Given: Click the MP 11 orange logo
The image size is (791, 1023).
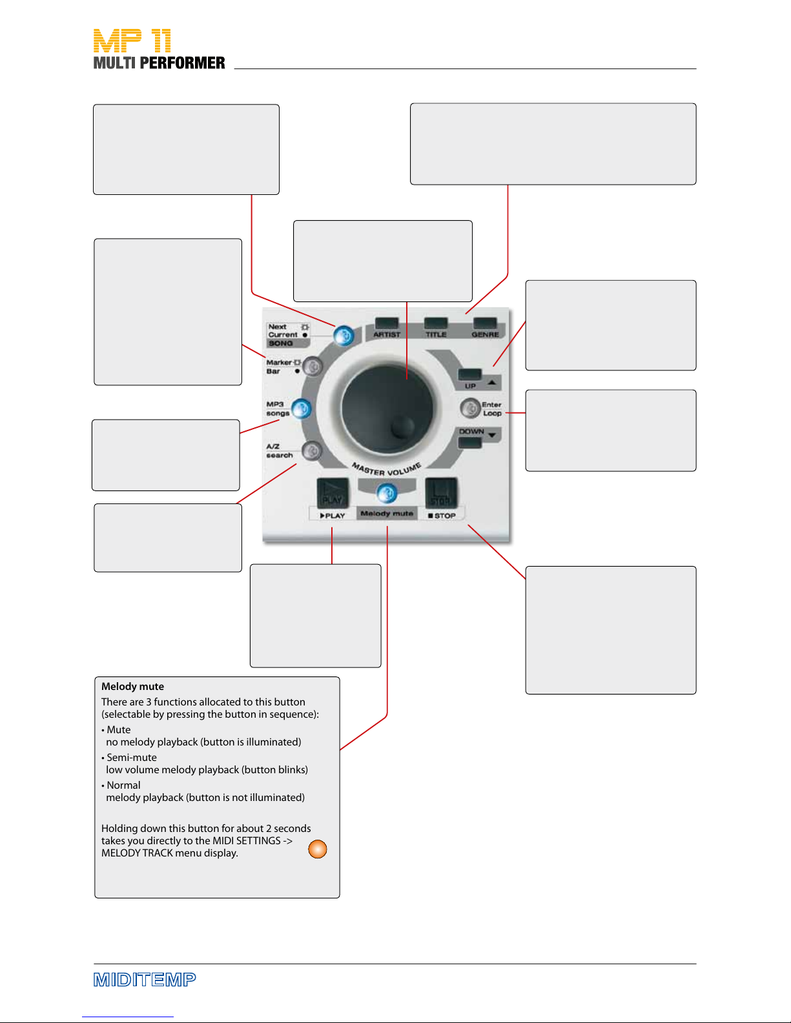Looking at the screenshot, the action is (132, 41).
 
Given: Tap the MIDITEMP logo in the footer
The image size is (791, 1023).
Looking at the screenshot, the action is (145, 980).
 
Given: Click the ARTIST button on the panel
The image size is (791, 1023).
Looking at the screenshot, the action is (387, 323).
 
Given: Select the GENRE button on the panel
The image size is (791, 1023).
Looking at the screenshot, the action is (485, 323).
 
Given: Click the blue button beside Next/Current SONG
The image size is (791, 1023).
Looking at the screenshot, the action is (344, 336).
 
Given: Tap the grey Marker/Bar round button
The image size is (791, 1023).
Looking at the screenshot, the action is (312, 366).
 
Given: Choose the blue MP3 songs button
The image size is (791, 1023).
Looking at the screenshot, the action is (302, 409).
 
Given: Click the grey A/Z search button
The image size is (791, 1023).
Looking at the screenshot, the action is (311, 451).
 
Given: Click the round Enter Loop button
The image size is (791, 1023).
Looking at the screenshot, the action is (470, 408).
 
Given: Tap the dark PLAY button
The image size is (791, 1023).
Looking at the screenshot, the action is (333, 492).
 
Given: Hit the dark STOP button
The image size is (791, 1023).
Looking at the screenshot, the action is (441, 492).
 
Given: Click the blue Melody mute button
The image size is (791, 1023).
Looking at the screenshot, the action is (387, 493).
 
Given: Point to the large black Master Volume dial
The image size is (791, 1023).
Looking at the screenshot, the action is (387, 409).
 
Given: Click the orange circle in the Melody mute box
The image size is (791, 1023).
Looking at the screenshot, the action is (317, 849).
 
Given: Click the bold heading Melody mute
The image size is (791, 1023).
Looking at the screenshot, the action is (133, 686).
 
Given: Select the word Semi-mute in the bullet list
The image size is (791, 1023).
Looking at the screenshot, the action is (132, 758).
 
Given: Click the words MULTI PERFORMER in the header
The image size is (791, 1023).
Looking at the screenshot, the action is (159, 63).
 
